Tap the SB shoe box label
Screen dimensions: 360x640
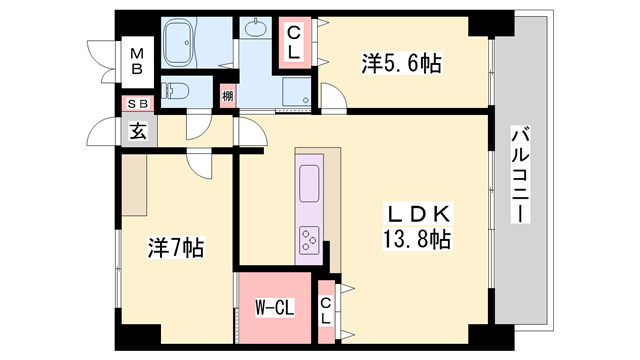(x=134, y=103)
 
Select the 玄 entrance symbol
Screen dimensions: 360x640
(x=135, y=129)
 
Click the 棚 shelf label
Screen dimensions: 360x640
(x=229, y=96)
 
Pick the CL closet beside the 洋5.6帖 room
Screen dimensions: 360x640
(x=295, y=42)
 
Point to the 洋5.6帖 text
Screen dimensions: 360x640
(x=400, y=64)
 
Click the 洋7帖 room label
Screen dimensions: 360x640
(x=176, y=247)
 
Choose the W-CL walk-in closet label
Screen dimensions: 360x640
(x=270, y=308)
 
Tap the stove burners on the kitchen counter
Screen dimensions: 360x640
(x=309, y=238)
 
